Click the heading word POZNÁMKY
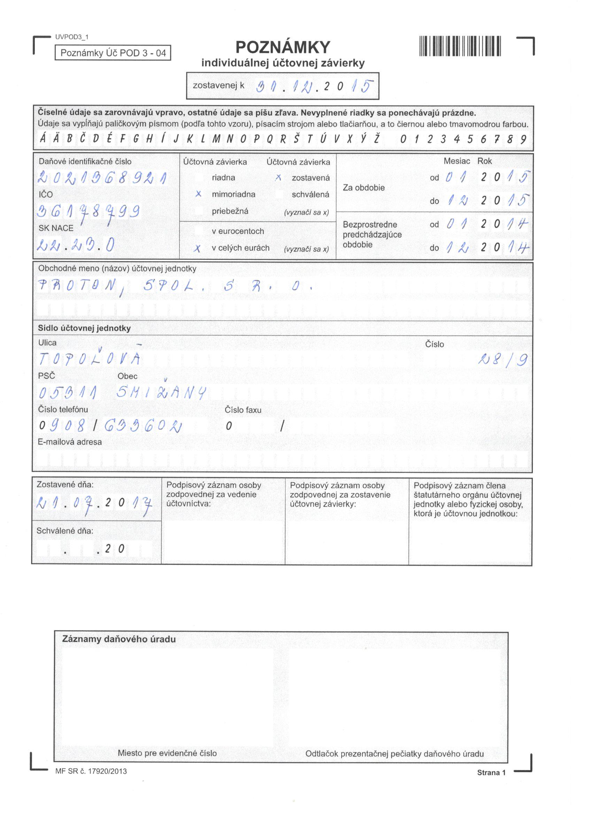click(282, 47)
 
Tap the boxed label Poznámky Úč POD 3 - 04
click(113, 53)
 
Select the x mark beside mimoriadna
click(198, 194)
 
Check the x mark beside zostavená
click(278, 178)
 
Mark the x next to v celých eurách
click(197, 248)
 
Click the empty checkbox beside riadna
click(198, 178)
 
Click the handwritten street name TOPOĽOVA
click(89, 359)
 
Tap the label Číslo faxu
click(243, 409)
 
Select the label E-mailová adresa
click(70, 442)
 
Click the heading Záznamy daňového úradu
click(119, 639)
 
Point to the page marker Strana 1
click(491, 773)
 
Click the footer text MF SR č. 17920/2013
click(91, 771)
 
